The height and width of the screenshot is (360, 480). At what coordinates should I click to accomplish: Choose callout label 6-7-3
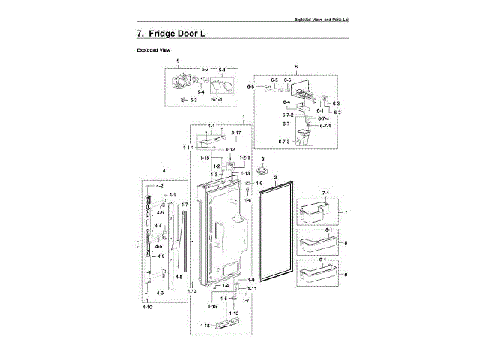tap(284, 141)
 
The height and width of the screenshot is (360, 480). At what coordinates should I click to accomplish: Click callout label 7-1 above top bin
tap(325, 193)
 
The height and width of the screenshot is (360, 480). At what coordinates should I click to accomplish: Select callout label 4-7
tap(184, 205)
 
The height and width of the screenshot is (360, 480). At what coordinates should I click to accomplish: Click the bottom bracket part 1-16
tap(228, 325)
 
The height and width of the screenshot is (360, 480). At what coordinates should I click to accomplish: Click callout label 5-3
tap(193, 99)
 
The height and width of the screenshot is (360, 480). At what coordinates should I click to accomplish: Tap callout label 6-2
tap(338, 112)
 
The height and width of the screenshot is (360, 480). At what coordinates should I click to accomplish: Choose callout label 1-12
tap(231, 149)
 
